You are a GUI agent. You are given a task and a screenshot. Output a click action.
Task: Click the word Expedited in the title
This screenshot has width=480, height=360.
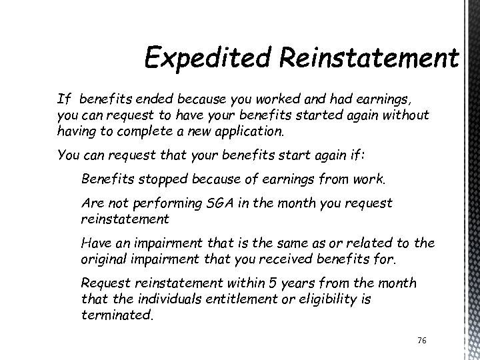coord(198,59)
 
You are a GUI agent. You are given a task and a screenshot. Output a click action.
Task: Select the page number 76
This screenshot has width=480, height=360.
coord(421,341)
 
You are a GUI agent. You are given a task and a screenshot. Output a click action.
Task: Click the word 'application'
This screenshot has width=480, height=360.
coord(247,131)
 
